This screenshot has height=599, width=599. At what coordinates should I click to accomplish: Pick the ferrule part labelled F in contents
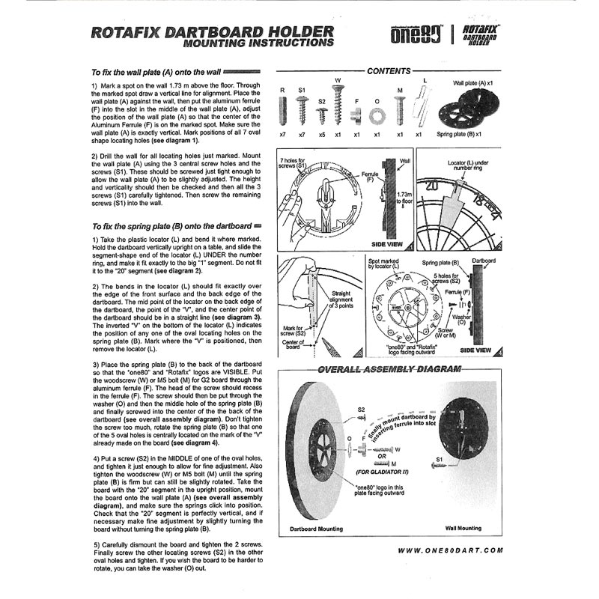[x=357, y=116]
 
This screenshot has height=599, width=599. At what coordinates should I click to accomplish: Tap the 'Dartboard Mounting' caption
[x=316, y=529]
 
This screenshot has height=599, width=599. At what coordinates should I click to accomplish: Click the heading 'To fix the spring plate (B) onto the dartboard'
[x=171, y=225]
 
